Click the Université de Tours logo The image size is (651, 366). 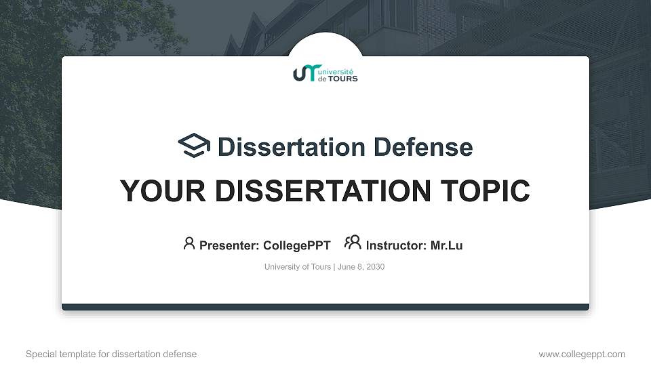tap(325, 74)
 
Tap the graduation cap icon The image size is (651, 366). tap(194, 146)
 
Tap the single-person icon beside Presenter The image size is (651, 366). tap(189, 243)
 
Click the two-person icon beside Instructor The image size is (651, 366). tap(352, 243)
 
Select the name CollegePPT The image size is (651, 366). tap(296, 246)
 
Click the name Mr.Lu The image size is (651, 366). tap(446, 246)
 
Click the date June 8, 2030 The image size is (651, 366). tap(361, 267)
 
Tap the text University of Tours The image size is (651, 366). tap(297, 267)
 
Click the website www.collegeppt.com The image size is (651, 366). tap(582, 354)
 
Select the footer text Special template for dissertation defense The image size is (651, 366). tap(111, 354)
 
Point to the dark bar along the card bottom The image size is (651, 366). tap(325, 307)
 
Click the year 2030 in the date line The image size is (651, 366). tap(375, 267)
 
